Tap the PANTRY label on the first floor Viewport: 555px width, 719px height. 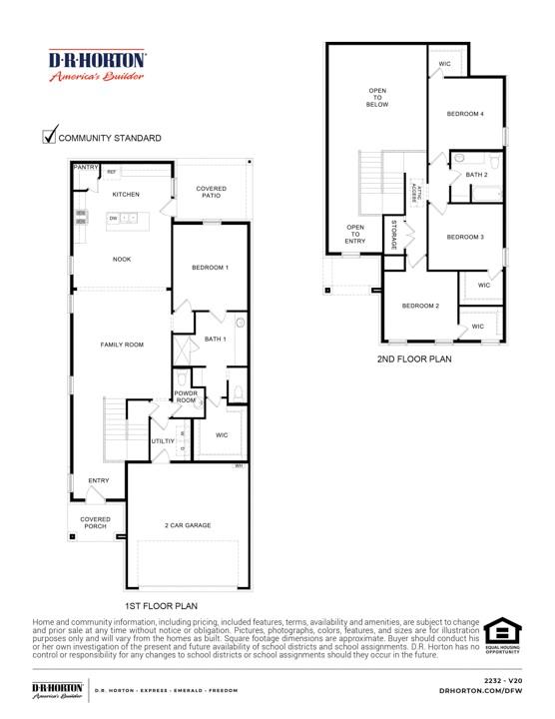pos(85,168)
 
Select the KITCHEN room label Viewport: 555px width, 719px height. pos(126,194)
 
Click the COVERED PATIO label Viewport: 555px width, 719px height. pos(210,192)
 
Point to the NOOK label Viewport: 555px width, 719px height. pos(122,260)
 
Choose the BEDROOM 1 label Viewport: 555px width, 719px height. pos(210,268)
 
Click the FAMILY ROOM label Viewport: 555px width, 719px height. pos(122,345)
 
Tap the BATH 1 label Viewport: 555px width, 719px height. pos(215,340)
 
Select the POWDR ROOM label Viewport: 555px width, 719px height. pos(187,396)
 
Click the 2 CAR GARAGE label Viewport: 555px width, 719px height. pos(188,525)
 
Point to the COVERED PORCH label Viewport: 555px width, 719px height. pos(96,522)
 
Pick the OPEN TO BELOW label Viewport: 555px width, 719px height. pos(377,97)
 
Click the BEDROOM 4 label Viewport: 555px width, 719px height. pos(465,114)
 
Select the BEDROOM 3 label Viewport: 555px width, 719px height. pos(465,237)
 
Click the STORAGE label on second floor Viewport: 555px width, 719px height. pos(394,237)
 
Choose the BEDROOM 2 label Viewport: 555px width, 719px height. pos(421,306)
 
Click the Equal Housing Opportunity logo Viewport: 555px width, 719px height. pos(502,637)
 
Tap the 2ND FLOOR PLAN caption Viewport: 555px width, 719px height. pos(415,358)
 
